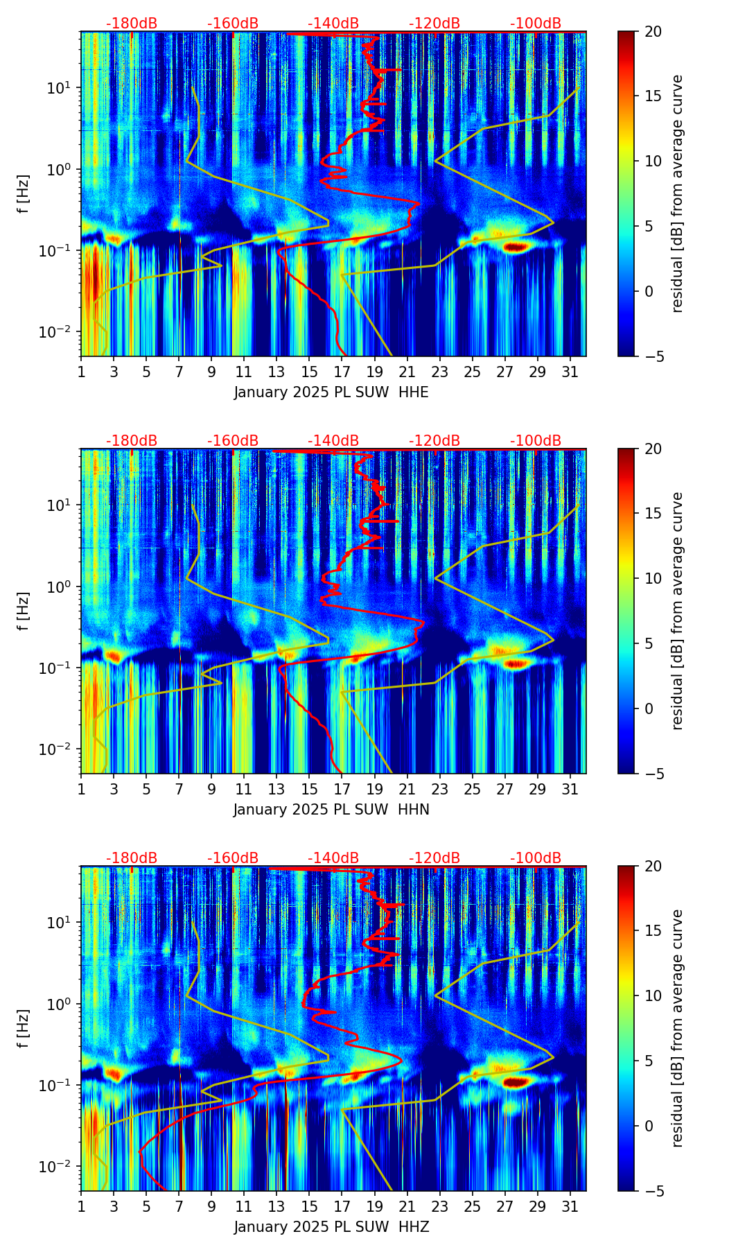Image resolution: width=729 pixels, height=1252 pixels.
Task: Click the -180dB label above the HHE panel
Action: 132,24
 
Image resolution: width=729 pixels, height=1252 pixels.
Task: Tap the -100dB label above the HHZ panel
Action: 536,858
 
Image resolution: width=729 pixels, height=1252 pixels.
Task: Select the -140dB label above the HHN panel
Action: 333,441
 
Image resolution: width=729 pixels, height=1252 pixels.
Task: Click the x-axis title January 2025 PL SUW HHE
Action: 331,392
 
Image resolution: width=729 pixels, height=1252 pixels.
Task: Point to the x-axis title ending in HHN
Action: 331,810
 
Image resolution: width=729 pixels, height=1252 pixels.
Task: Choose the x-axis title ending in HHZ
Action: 331,1227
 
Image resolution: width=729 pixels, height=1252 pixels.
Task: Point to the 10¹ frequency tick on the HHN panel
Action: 63,505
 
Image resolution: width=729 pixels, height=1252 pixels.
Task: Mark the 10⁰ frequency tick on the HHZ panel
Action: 63,1004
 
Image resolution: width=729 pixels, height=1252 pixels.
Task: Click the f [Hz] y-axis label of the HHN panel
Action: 24,611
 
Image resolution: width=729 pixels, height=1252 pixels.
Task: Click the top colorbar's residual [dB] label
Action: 677,193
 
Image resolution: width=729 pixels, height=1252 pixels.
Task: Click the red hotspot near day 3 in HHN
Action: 113,655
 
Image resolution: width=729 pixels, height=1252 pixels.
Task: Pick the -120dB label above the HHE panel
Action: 434,24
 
